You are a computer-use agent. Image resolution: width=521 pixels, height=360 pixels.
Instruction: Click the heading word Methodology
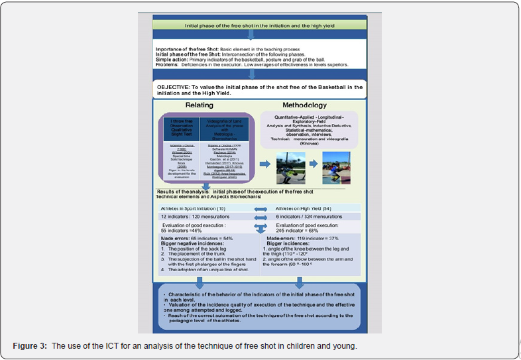pyautogui.click(x=305, y=105)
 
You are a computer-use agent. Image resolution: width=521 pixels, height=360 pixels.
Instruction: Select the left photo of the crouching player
pyautogui.click(x=291, y=168)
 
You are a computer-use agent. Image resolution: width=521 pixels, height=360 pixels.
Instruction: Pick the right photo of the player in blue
pyautogui.click(x=337, y=168)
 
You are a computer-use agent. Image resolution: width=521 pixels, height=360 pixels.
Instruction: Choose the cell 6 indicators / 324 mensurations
pyautogui.click(x=309, y=217)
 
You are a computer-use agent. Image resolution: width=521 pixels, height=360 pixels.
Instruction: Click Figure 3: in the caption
pyautogui.click(x=29, y=345)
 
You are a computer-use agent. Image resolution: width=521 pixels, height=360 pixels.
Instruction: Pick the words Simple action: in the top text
pyautogui.click(x=174, y=59)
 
